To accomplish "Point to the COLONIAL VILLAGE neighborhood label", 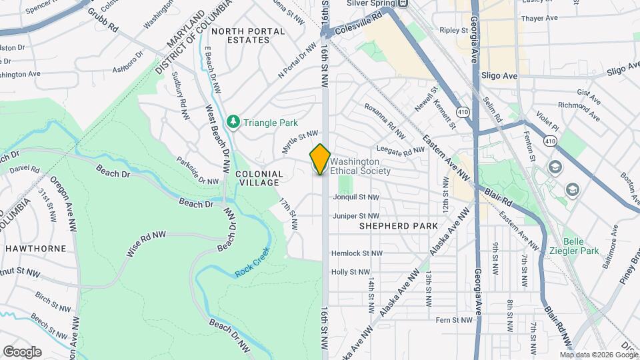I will coord(259,179).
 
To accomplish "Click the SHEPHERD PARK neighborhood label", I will coord(399,226).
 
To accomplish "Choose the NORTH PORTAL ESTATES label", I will coord(241,35).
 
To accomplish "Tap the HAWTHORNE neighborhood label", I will coord(35,248).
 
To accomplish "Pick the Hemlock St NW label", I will coord(357,253).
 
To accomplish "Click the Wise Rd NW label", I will coord(146,245).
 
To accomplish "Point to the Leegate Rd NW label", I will coord(401,150).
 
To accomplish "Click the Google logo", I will coord(22,351).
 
